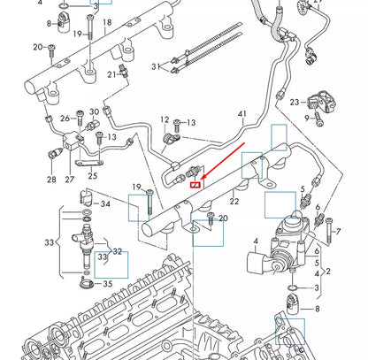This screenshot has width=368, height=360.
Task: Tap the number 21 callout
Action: coord(111,74)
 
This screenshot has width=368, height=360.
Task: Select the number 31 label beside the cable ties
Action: coord(155,66)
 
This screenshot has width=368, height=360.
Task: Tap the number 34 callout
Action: coord(107,204)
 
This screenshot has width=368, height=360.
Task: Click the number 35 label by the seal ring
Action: coord(107,285)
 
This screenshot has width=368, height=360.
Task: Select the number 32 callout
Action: coord(119,251)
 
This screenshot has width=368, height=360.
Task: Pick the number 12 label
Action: coord(165,119)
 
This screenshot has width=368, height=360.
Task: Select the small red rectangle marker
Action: coord(194,184)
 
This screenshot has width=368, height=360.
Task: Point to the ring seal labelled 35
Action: coord(86,284)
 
